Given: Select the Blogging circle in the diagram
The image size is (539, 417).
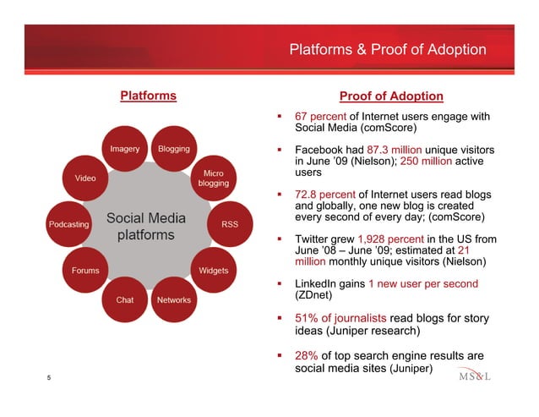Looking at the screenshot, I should [x=173, y=150].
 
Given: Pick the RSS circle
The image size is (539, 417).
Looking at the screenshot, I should [x=228, y=224].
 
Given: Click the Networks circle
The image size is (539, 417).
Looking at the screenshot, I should [x=173, y=299].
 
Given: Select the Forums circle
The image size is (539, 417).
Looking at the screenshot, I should [x=85, y=271].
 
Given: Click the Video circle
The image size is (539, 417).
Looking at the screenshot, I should [x=85, y=178].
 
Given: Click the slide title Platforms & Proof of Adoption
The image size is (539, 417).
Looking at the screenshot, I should [x=388, y=50].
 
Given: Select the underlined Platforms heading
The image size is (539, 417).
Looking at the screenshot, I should [x=148, y=96].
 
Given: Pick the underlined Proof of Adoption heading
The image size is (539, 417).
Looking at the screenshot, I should [x=390, y=96].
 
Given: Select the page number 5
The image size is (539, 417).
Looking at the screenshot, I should [x=49, y=381].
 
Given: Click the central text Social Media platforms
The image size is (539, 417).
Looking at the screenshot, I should [x=146, y=225].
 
